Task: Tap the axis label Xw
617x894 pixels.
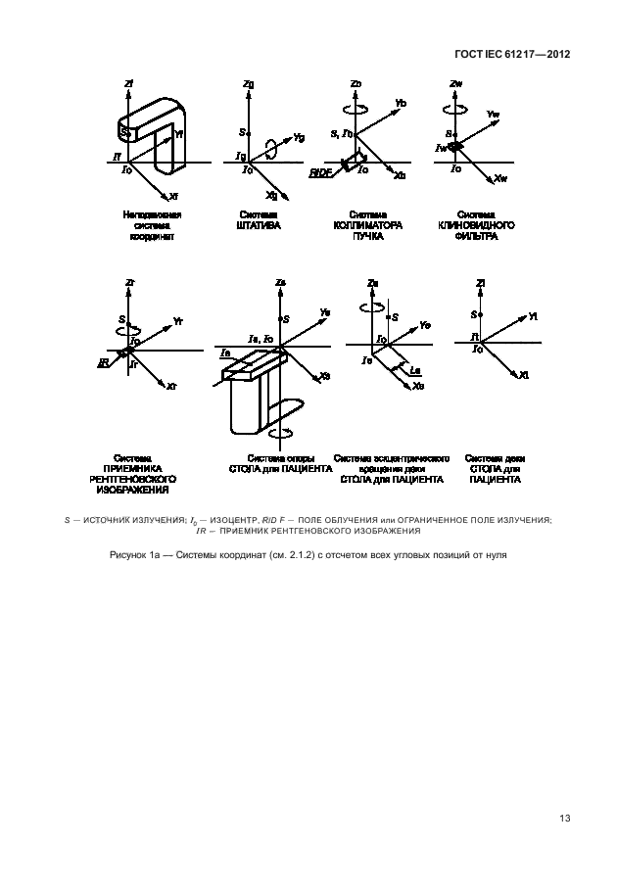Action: (500, 178)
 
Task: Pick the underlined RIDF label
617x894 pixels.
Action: (320, 172)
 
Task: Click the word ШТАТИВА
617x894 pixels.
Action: (260, 224)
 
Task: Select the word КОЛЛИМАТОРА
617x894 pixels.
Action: (360, 224)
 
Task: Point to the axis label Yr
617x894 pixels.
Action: (177, 321)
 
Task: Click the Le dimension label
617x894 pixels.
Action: (415, 369)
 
